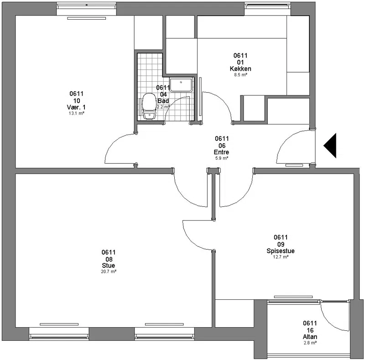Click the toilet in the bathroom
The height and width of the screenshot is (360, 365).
pyautogui.click(x=149, y=106)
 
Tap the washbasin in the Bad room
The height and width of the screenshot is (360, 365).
pyautogui.click(x=181, y=85)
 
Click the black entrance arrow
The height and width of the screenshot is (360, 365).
pyautogui.click(x=330, y=146)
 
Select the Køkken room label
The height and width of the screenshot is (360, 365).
pyautogui.click(x=240, y=69)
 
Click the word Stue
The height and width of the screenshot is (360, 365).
pyautogui.click(x=109, y=266)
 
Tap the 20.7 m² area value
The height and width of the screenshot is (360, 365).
pyautogui.click(x=109, y=271)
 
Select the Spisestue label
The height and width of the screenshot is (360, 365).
pyautogui.click(x=281, y=251)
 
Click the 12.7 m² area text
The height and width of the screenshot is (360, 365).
pyautogui.click(x=281, y=257)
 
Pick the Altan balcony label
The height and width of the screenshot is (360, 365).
pyautogui.click(x=310, y=337)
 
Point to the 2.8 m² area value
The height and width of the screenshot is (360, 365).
pyautogui.click(x=310, y=343)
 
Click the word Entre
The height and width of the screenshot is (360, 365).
pyautogui.click(x=222, y=152)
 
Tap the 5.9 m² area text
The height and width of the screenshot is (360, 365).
pyautogui.click(x=222, y=158)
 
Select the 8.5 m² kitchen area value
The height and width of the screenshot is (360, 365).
pyautogui.click(x=240, y=75)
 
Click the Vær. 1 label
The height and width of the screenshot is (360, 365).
pyautogui.click(x=76, y=107)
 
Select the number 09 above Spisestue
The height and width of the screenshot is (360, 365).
pyautogui.click(x=281, y=244)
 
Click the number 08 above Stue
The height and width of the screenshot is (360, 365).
pyautogui.click(x=109, y=259)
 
